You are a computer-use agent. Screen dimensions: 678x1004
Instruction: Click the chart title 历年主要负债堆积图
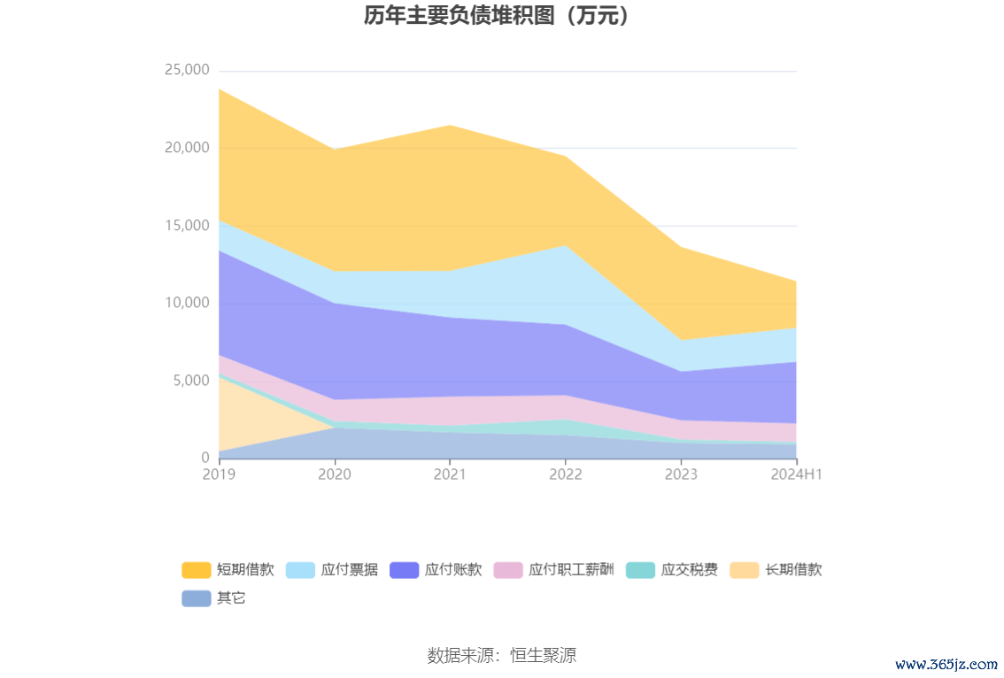pyautogui.click(x=501, y=17)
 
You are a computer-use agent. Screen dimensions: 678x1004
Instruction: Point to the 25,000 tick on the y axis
pyautogui.click(x=186, y=70)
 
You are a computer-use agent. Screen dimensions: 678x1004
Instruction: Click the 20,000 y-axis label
pyautogui.click(x=186, y=148)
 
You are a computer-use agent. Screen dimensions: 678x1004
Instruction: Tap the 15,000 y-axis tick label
pyautogui.click(x=186, y=226)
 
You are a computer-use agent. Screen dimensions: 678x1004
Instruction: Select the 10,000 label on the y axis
pyautogui.click(x=186, y=303)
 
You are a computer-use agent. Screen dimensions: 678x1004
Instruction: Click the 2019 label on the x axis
pyautogui.click(x=219, y=474)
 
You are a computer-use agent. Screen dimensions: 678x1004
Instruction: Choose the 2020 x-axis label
pyautogui.click(x=335, y=474)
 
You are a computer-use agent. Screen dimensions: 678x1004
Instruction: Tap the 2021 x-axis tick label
pyautogui.click(x=450, y=474)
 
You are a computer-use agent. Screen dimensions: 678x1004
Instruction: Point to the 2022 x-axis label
pyautogui.click(x=566, y=474)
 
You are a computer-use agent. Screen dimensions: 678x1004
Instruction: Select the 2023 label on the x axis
pyautogui.click(x=681, y=474)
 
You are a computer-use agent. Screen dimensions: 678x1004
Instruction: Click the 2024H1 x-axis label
pyautogui.click(x=797, y=474)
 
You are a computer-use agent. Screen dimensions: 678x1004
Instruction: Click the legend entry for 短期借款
pyautogui.click(x=228, y=570)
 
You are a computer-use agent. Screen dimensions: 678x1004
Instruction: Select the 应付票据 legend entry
pyautogui.click(x=332, y=570)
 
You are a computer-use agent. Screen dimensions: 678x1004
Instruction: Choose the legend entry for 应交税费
pyautogui.click(x=672, y=570)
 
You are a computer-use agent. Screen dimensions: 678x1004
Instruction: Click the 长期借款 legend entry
pyautogui.click(x=776, y=570)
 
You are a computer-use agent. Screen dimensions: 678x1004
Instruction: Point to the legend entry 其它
pyautogui.click(x=214, y=598)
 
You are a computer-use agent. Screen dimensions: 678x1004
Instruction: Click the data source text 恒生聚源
pyautogui.click(x=501, y=656)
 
